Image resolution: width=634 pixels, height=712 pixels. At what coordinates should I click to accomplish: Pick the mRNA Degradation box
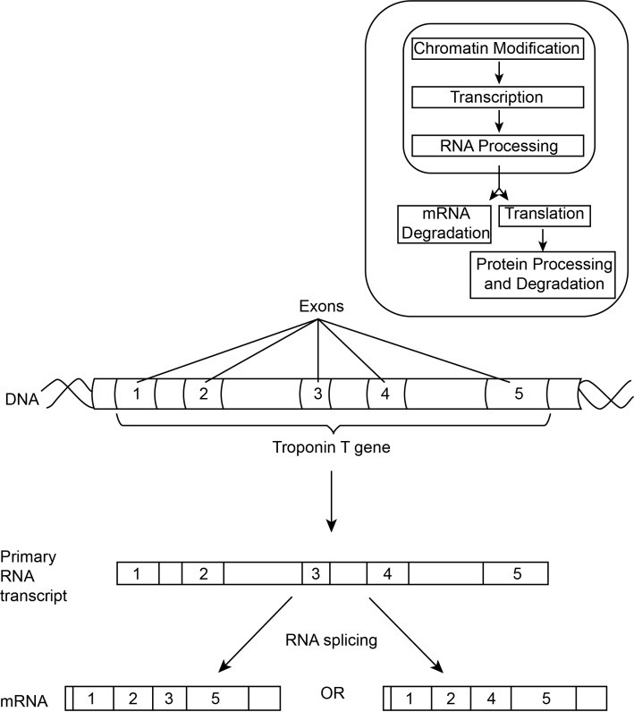pos(444,224)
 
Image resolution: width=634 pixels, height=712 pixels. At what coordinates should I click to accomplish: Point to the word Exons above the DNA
pos(317,311)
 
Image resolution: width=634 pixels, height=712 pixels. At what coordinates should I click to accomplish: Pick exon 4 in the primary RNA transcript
pos(387,573)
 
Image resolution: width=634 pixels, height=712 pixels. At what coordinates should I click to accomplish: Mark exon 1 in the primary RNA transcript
pos(136,573)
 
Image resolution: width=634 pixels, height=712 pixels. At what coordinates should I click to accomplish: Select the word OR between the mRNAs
pos(332,692)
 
